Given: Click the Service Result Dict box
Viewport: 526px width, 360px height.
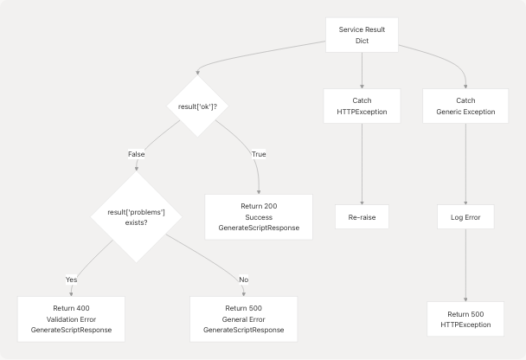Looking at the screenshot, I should coord(362,35).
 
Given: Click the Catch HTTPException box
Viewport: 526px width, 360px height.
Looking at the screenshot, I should coord(362,106).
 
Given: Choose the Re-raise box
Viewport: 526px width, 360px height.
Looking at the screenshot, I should coord(362,216).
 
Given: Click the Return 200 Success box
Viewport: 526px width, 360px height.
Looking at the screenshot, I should coord(258,216).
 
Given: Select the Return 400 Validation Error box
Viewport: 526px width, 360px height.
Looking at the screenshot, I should coord(71,318).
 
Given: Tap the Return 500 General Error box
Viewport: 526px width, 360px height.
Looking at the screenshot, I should coord(243,318).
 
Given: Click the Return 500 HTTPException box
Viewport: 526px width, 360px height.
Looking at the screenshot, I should coord(465,318).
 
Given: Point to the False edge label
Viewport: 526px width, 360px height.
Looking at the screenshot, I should coord(137,154).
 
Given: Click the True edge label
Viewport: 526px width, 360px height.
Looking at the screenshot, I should coord(258,154).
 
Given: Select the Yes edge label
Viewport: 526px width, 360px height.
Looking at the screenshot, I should coord(71,279).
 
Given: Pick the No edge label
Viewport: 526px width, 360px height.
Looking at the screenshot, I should coord(243,279).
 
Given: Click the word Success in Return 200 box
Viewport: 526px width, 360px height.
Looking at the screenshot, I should coord(258,216).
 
